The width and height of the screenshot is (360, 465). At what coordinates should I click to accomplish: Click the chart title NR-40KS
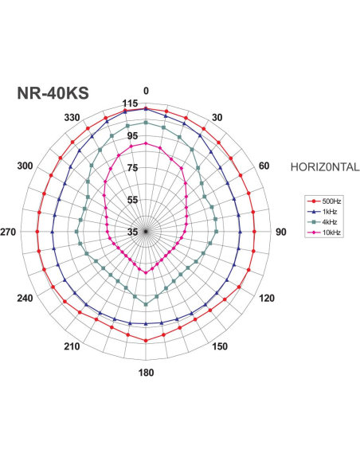pyautogui.click(x=52, y=92)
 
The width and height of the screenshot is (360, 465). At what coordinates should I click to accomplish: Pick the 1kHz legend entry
pyautogui.click(x=328, y=212)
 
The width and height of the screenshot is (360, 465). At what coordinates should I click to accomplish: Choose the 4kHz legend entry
pyautogui.click(x=328, y=221)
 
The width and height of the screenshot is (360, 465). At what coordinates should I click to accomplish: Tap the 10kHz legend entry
pyautogui.click(x=328, y=232)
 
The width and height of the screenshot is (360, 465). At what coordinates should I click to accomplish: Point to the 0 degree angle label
pyautogui.click(x=146, y=91)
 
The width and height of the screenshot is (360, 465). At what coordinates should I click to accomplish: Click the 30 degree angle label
pyautogui.click(x=217, y=118)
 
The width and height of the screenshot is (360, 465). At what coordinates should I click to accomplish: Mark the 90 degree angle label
pyautogui.click(x=280, y=232)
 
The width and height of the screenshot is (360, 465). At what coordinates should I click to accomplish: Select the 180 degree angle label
pyautogui.click(x=146, y=373)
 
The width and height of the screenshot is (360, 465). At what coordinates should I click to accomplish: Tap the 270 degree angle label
pyautogui.click(x=10, y=232)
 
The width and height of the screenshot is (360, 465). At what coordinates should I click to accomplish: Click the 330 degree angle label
pyautogui.click(x=72, y=118)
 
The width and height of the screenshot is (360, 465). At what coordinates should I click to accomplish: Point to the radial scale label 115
pyautogui.click(x=131, y=104)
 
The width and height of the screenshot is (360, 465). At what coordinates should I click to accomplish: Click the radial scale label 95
pyautogui.click(x=131, y=136)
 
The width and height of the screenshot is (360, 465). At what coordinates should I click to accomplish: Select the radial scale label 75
pyautogui.click(x=131, y=168)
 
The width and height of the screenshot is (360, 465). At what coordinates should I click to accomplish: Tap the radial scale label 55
pyautogui.click(x=131, y=200)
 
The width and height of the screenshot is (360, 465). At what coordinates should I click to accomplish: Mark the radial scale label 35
pyautogui.click(x=131, y=232)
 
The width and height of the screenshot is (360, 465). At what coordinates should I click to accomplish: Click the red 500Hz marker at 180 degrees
pyautogui.click(x=146, y=340)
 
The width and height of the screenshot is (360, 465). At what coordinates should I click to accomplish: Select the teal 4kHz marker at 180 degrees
pyautogui.click(x=146, y=304)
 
